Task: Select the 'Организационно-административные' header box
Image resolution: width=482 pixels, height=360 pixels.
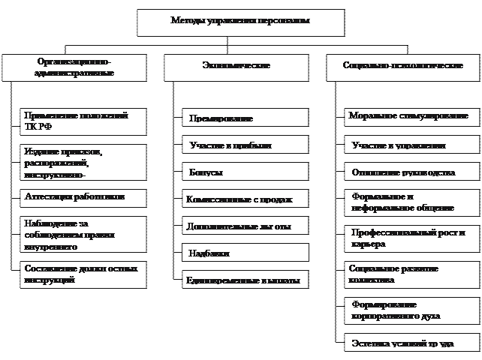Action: pos(74,67)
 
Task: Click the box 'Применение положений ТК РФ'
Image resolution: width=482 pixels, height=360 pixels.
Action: pos(83,121)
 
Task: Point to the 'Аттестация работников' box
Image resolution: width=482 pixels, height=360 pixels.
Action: pos(83,198)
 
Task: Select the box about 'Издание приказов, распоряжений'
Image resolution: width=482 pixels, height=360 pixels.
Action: pos(83,162)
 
